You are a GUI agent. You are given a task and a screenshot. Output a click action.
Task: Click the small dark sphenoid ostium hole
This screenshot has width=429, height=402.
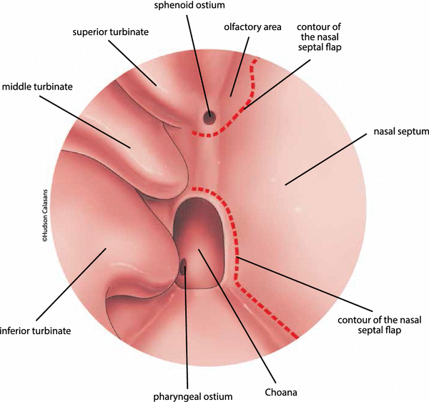pyautogui.click(x=210, y=117)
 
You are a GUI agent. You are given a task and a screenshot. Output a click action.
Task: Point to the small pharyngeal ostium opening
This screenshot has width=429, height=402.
pyautogui.click(x=184, y=270)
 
